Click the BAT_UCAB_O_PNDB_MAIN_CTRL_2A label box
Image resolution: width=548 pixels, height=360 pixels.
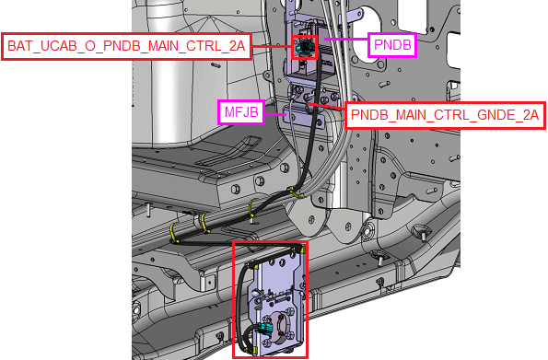pos(126,46)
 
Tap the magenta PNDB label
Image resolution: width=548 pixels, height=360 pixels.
pos(392,45)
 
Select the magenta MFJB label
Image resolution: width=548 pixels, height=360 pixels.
pos(241,112)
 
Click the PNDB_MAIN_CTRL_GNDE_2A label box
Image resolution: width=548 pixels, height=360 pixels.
pos(445,115)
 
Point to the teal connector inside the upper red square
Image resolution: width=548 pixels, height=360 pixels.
pos(303,48)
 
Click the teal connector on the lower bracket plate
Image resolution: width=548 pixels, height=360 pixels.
pos(265,329)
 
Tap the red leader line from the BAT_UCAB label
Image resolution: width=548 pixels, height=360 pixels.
pos(272,46)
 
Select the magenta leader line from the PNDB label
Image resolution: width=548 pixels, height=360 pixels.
pos(346,39)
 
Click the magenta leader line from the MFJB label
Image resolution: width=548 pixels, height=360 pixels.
pos(275,114)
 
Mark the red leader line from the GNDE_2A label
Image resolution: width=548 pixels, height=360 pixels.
pos(326,107)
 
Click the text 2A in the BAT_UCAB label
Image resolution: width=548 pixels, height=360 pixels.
pos(237,46)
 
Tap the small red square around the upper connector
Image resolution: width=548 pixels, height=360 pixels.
pos(305,47)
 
